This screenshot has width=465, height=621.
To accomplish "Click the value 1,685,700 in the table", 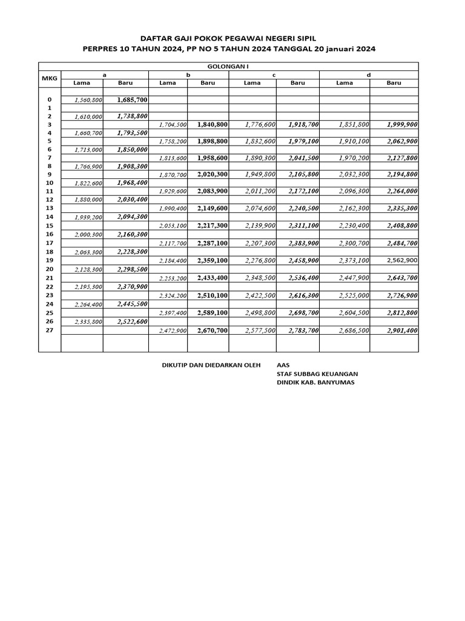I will [x=132, y=99].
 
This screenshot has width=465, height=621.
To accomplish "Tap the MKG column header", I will [x=48, y=79].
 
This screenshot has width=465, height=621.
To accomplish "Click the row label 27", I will [x=50, y=331].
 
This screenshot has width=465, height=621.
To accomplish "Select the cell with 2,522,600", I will [x=132, y=322].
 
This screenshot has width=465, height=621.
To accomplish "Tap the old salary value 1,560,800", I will [x=88, y=99].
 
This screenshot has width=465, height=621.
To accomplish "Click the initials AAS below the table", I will [x=283, y=365].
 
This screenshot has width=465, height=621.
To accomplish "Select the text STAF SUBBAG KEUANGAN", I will [x=317, y=374].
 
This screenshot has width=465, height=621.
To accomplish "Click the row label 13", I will [x=50, y=208].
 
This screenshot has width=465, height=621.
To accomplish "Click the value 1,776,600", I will [x=260, y=124].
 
